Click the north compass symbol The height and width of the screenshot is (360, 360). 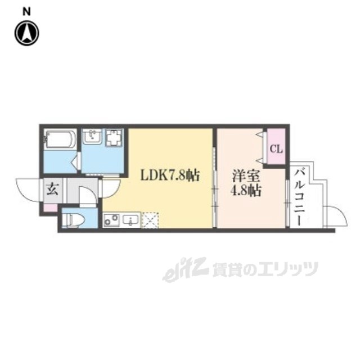(x=26, y=33)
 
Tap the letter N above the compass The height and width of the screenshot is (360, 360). (x=26, y=11)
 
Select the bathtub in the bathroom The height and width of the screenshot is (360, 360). (x=60, y=139)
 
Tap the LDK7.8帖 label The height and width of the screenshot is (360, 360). (x=169, y=175)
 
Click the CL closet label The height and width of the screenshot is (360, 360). (x=276, y=149)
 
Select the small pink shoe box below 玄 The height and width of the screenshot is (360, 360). (x=51, y=208)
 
